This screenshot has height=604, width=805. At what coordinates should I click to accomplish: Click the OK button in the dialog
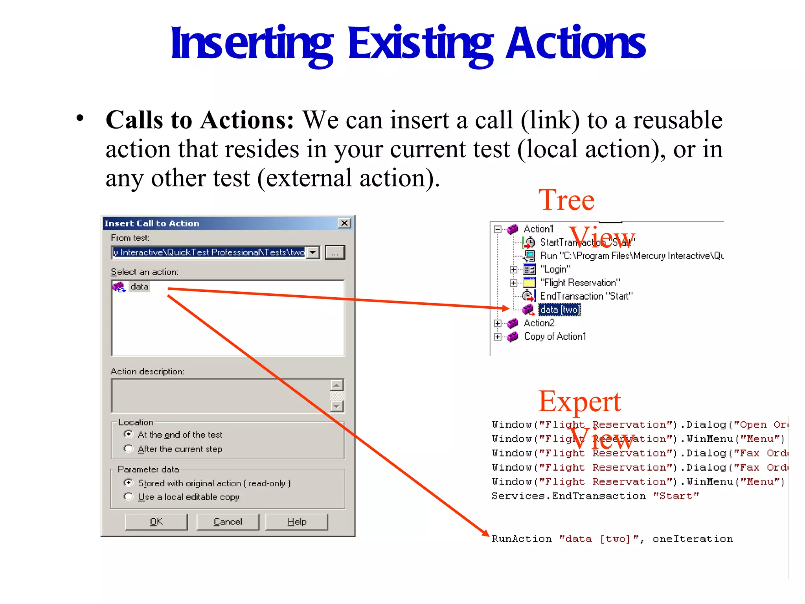click(156, 521)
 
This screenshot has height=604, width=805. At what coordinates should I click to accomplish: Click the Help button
click(296, 521)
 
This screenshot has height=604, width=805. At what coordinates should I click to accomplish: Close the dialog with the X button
click(344, 223)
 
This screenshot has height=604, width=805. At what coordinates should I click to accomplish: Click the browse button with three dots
click(334, 252)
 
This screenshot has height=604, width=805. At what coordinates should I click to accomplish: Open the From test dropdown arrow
click(313, 252)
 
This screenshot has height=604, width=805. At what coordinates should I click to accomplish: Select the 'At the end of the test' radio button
click(128, 434)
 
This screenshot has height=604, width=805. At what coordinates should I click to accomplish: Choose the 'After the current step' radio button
click(128, 449)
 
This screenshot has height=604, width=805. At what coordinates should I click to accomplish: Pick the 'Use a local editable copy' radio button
click(128, 497)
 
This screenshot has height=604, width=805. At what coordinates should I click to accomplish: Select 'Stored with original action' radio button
click(128, 482)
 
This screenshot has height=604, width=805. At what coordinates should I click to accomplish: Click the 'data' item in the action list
click(139, 287)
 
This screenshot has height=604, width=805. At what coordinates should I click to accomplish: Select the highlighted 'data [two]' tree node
click(559, 310)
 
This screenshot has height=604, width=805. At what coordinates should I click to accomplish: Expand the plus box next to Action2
click(498, 323)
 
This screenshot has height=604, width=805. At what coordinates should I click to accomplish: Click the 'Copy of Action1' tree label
click(555, 337)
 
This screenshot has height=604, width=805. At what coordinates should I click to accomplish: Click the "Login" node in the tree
click(555, 269)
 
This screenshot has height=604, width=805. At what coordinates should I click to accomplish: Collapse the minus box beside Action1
click(498, 229)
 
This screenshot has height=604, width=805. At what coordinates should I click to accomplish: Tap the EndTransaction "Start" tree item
click(586, 296)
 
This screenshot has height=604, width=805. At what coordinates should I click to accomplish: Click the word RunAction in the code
click(521, 539)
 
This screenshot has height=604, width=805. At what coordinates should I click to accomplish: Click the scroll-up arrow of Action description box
click(337, 385)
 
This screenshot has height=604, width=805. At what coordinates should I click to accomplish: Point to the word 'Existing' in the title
click(420, 43)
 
